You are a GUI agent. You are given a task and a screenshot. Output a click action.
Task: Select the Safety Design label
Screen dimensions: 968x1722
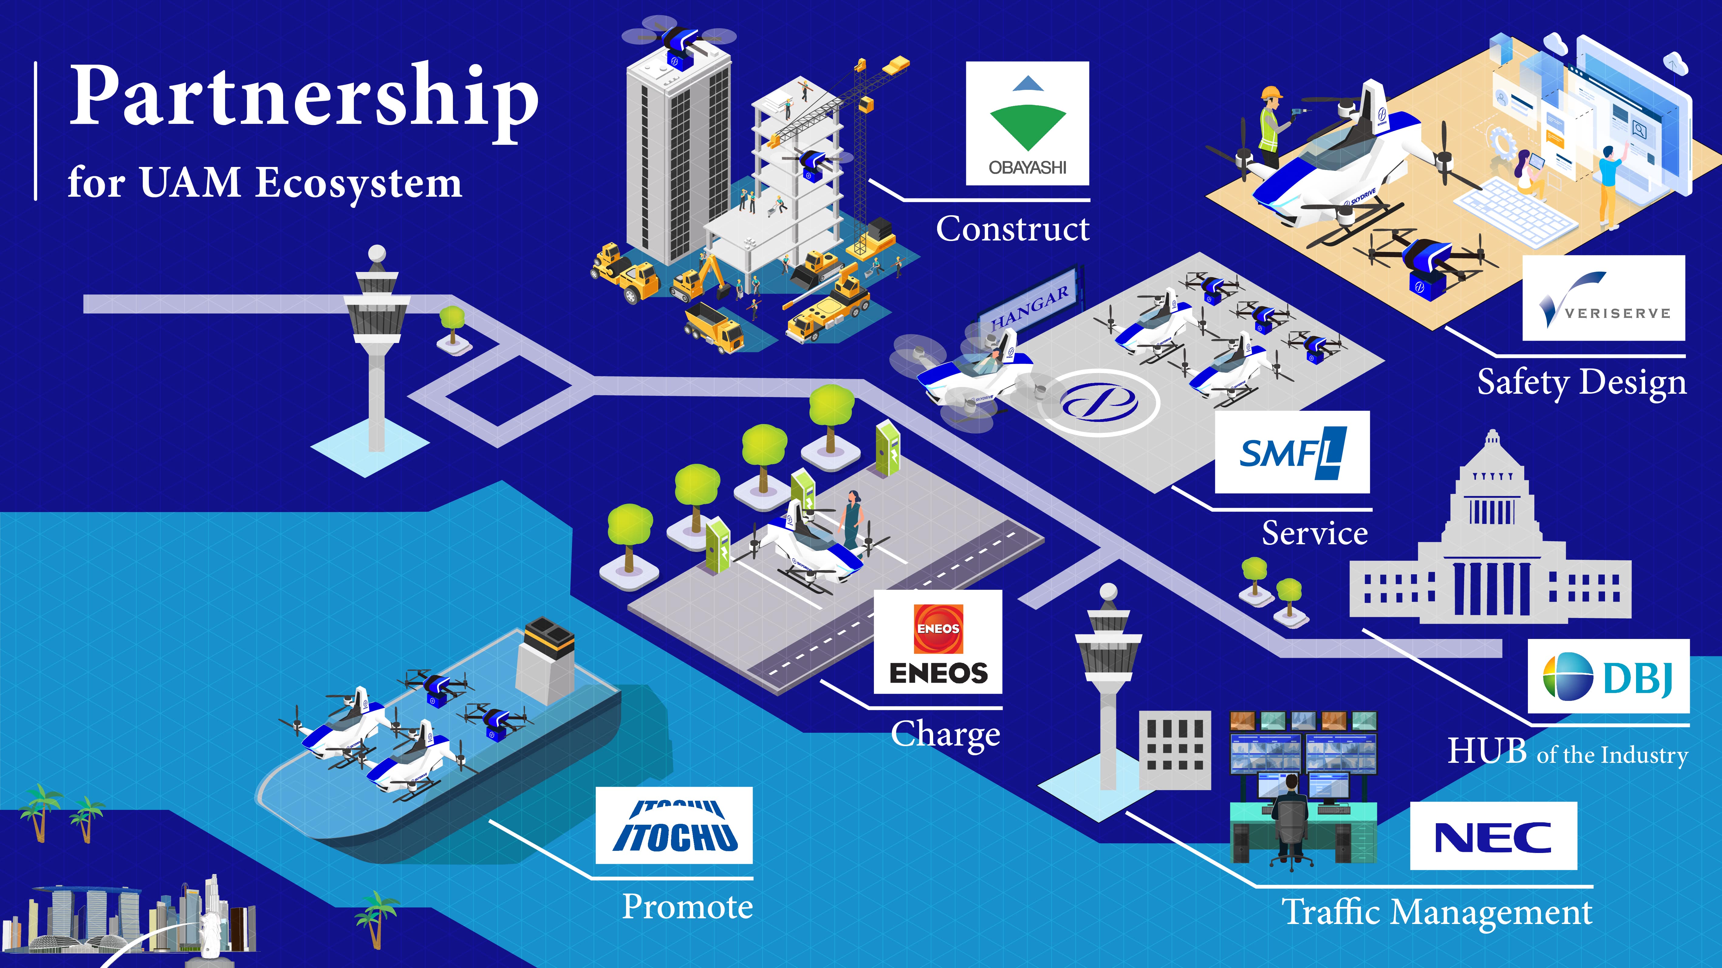click(1582, 383)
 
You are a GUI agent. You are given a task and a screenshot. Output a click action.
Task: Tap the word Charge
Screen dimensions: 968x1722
click(945, 735)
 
